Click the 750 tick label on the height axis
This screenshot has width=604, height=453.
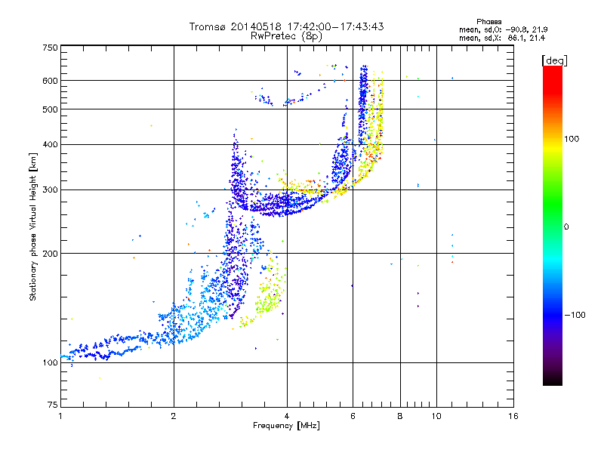click(50, 48)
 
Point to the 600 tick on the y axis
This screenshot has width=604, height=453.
click(50, 80)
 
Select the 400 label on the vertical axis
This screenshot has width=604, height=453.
click(50, 144)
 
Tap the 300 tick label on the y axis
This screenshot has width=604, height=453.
click(50, 190)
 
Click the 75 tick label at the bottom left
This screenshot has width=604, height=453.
click(52, 404)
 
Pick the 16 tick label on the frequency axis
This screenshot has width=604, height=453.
click(513, 416)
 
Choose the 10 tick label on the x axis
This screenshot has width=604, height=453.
click(435, 416)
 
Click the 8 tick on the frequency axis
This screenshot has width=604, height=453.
click(400, 416)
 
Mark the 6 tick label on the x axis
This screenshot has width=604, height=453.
click(353, 416)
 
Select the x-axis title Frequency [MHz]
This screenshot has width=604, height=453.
click(286, 426)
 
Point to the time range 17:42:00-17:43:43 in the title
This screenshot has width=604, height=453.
click(329, 26)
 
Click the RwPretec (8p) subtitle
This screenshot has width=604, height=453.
click(286, 35)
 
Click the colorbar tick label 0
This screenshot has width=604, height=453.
click(567, 226)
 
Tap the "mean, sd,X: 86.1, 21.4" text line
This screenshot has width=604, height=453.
click(501, 37)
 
